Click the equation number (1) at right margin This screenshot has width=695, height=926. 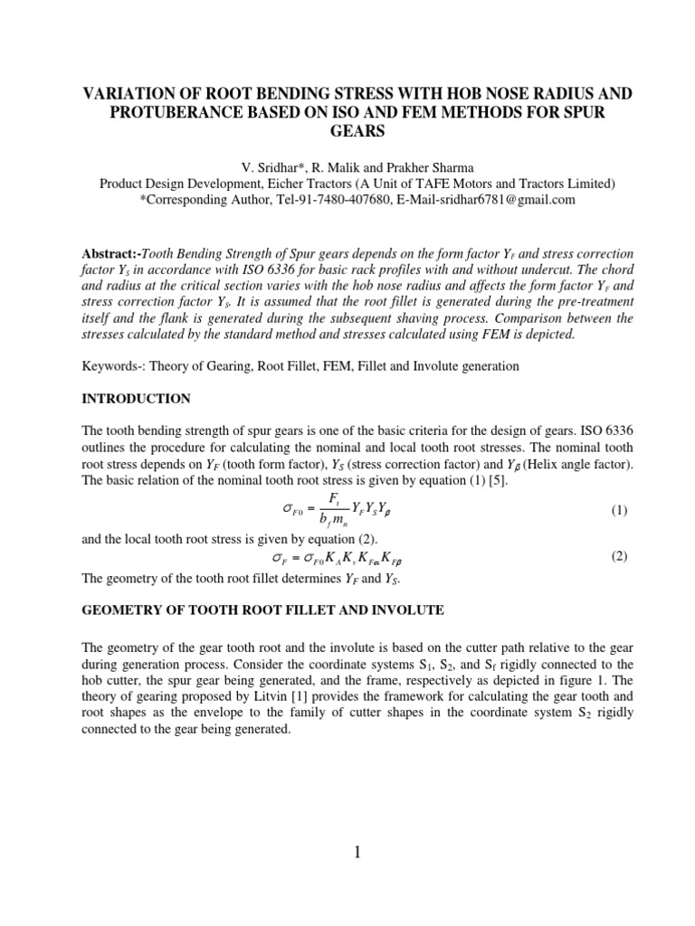tap(619, 511)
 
